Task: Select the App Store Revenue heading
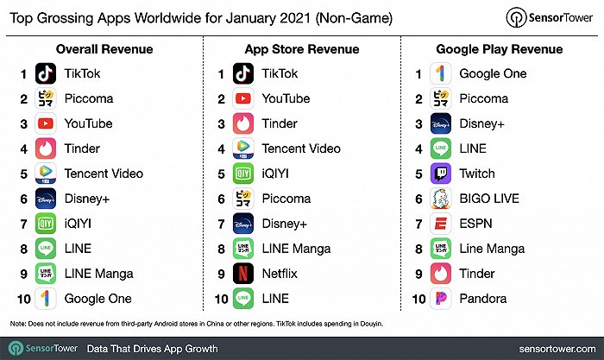(301, 48)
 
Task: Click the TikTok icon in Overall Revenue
(47, 73)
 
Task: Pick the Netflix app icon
(244, 274)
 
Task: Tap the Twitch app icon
(442, 174)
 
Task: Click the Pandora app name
(484, 299)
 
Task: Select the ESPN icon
(442, 224)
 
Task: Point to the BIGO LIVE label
(489, 199)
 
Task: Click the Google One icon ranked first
(442, 73)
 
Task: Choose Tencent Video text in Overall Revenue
(104, 174)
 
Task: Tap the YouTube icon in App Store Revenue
(244, 98)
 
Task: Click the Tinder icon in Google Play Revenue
(442, 274)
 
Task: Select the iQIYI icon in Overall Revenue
(47, 224)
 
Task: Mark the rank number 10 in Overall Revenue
(23, 299)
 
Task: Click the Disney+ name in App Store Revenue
(286, 224)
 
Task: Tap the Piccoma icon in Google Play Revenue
(442, 98)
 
